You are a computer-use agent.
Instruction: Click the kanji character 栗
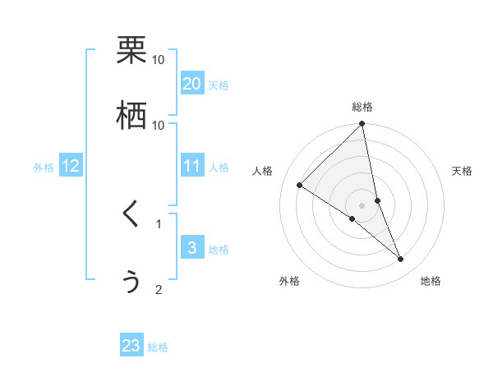click(x=131, y=50)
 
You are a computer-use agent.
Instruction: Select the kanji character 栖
click(x=131, y=115)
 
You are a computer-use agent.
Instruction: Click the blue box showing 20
click(x=192, y=84)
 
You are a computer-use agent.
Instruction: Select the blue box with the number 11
click(x=192, y=166)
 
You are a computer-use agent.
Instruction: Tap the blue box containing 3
click(x=192, y=248)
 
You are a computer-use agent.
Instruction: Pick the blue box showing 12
click(x=71, y=166)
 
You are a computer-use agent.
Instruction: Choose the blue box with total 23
click(x=131, y=346)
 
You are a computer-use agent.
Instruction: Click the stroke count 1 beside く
click(x=159, y=223)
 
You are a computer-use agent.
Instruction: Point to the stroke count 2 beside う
click(x=159, y=289)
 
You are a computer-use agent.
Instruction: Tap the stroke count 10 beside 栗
click(x=159, y=60)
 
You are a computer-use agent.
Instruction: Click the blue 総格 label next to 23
click(x=158, y=347)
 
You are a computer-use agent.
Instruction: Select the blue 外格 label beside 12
click(x=44, y=168)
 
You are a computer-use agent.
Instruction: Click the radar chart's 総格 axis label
click(x=362, y=107)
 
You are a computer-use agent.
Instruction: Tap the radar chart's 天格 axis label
click(x=462, y=171)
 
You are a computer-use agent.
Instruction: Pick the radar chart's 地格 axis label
click(x=431, y=281)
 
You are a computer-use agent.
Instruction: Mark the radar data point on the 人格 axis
click(x=300, y=186)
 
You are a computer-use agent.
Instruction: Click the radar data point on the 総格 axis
click(x=362, y=124)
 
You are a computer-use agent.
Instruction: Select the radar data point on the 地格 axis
click(x=401, y=259)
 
